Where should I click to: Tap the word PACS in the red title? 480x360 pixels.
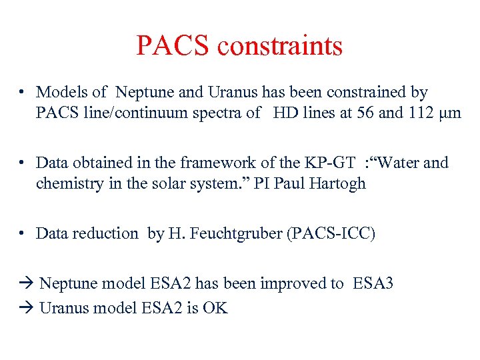174,46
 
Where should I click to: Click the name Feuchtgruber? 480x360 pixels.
218,233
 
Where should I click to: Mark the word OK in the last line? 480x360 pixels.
216,307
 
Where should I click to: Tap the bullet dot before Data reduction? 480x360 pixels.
23,233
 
